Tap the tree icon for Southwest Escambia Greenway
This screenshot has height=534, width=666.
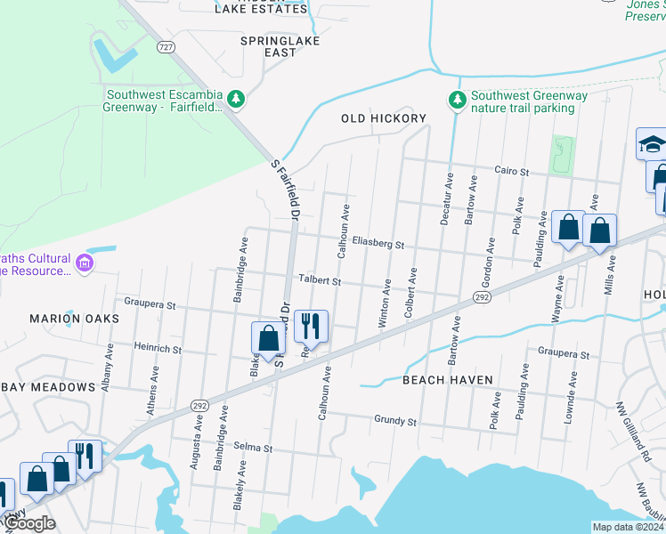coord(236,98)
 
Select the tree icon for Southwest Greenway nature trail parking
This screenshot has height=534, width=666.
coord(458,99)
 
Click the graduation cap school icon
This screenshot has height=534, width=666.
coord(652,143)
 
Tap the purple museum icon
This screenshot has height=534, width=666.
coord(85,263)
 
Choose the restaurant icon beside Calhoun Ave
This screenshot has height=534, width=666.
coord(311,325)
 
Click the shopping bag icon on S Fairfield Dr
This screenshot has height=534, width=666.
coord(268,338)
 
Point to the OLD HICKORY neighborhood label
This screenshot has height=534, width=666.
coord(384,118)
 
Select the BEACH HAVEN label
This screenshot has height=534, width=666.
coord(447,380)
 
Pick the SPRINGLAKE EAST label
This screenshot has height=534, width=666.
coord(280,46)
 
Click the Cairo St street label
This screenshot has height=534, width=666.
coord(512,171)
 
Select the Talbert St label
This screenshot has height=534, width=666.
coord(320,280)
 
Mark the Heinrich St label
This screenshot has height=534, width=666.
coord(158,349)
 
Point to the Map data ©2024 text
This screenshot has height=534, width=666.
coord(627,527)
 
